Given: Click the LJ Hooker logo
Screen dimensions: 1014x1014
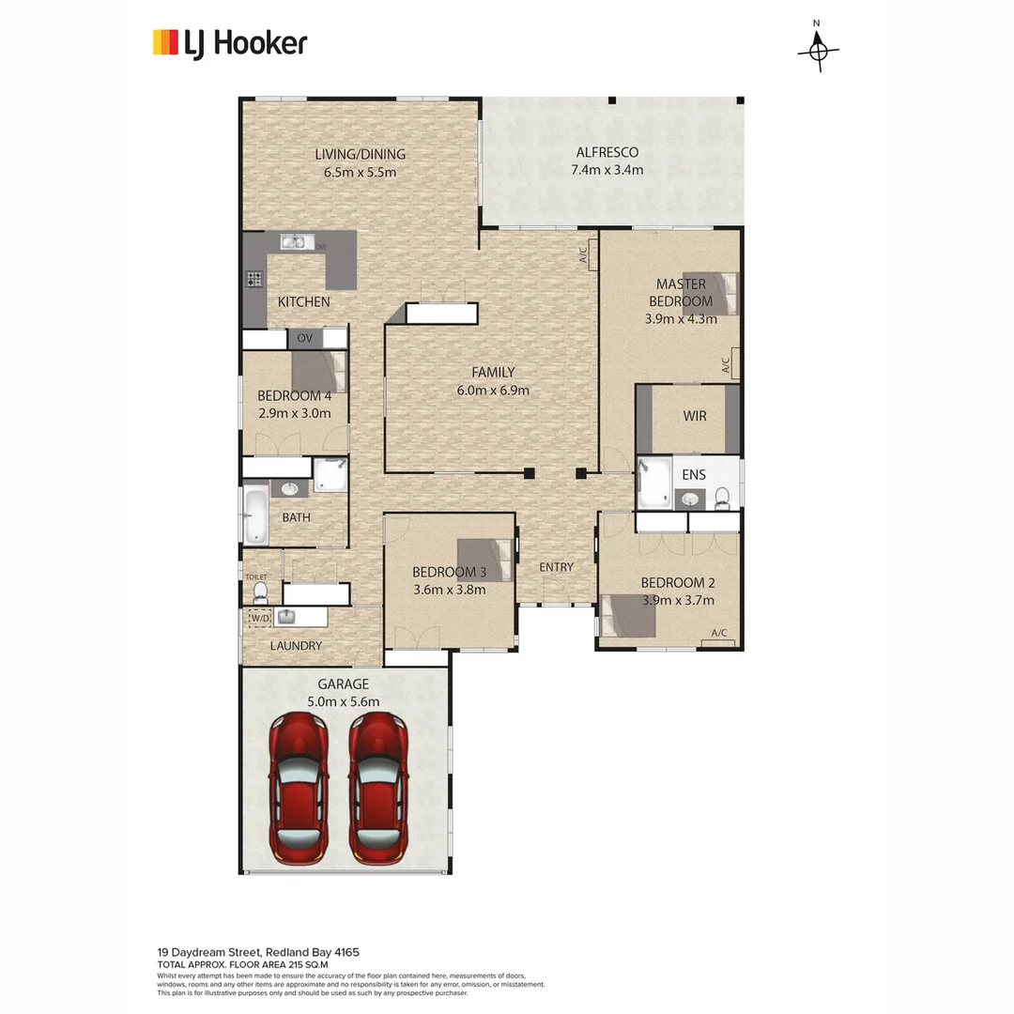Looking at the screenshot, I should [230, 42].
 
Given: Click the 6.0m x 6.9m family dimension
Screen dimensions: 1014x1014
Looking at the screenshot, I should [493, 390].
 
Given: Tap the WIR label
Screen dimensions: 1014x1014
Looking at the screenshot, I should [695, 416].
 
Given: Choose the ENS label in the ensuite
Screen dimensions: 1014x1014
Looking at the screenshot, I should [694, 475].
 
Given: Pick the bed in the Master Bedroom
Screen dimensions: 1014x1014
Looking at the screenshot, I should [718, 293].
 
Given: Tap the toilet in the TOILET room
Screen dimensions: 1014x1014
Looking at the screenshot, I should [260, 591].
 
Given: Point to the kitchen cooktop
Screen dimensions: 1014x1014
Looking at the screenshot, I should [253, 279].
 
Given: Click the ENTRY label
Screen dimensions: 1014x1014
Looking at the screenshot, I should [556, 567].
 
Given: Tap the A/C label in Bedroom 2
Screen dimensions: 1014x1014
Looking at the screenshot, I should [719, 634].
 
